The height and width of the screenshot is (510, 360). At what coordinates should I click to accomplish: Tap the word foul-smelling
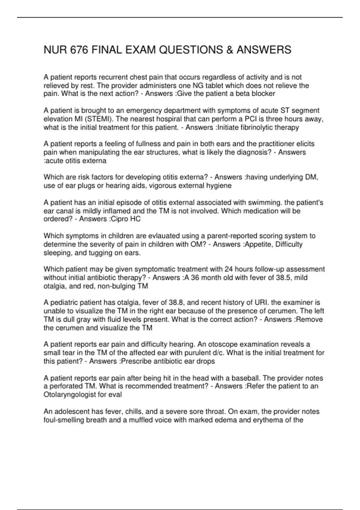coord(64,420)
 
